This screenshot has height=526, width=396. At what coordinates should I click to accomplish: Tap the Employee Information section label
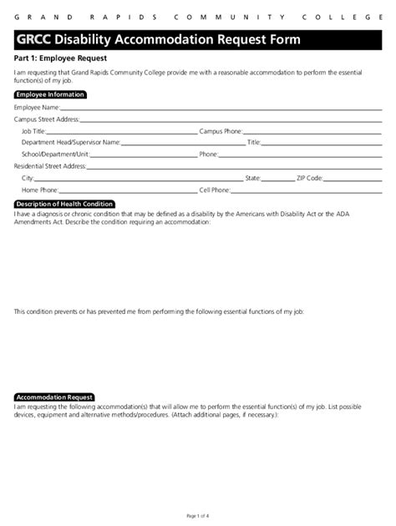pyautogui.click(x=50, y=95)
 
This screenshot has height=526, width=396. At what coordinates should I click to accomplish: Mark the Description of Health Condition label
pyautogui.click(x=64, y=204)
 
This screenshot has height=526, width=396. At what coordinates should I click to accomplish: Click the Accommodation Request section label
pyautogui.click(x=54, y=397)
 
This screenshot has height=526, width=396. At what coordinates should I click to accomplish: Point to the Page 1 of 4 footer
pyautogui.click(x=198, y=516)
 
